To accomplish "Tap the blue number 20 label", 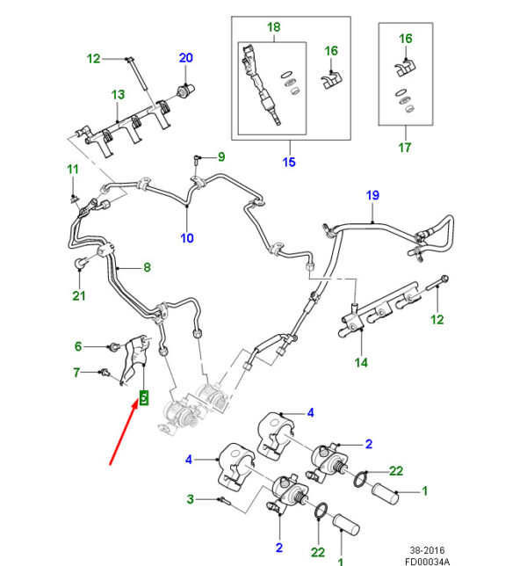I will pos(185,58).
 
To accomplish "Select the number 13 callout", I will pos(118,94).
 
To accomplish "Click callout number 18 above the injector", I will pos(273,27).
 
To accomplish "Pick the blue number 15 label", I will pos(289,162).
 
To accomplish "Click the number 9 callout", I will pos(221,156).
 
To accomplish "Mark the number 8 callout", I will pos(147,267).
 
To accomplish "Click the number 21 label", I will pos(79,295).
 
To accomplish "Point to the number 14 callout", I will pos(360,362).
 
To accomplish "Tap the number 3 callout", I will pos(189,499).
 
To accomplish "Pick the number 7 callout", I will pos(77,373).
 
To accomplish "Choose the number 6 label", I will pos(77,346).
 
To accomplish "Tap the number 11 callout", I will pos(73,169).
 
